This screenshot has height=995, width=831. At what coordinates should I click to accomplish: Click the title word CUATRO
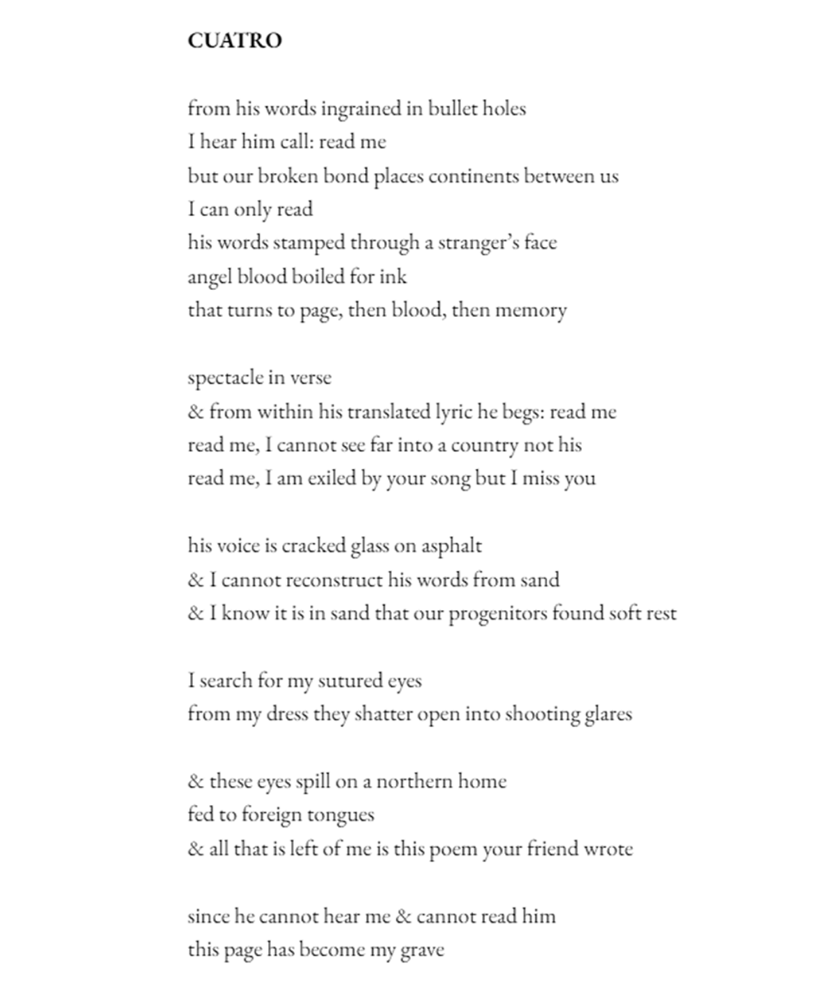click(x=234, y=41)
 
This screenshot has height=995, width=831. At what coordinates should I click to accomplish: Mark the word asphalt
click(x=451, y=546)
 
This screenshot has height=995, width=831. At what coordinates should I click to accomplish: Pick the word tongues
click(x=341, y=815)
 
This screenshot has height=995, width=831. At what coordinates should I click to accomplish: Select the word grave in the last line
click(x=422, y=950)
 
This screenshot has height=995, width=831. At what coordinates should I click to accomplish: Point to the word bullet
click(x=451, y=109)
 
